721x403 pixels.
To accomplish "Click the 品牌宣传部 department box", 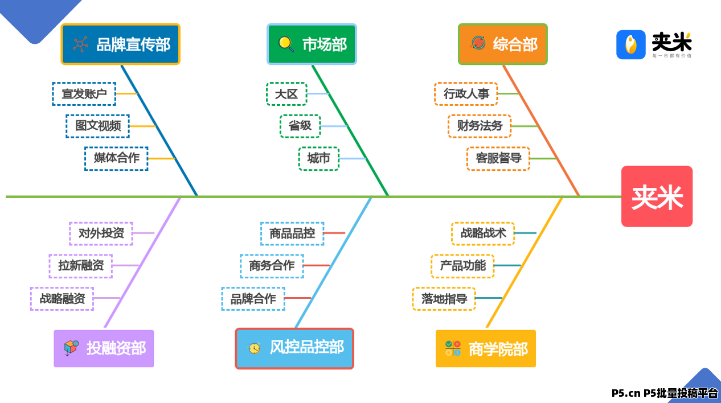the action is point(120,44).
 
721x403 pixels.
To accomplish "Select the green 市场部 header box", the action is point(312,44).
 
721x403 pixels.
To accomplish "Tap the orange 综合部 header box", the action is point(503,44).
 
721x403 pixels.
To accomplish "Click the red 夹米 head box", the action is point(657,196).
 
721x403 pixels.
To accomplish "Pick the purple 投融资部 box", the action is point(104,348).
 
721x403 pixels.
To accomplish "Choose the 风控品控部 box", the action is point(294,348).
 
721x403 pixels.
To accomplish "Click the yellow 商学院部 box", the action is point(486,348).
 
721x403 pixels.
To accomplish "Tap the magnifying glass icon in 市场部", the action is point(286,44).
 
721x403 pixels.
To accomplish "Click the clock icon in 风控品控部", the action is point(254,348).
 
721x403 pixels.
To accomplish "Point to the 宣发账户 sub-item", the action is point(84,94).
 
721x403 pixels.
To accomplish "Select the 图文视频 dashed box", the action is point(98,126).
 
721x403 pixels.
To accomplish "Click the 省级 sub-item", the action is point(300,126).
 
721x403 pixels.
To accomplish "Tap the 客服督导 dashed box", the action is point(498,159).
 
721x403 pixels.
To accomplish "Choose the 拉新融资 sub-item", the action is point(81,266).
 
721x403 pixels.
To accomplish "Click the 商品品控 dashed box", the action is point(292,233).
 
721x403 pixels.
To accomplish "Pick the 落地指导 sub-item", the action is point(444,299).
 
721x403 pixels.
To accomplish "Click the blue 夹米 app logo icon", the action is point(631,45).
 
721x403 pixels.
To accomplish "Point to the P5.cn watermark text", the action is point(665,393).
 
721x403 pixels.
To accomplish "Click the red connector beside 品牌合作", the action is point(298,298).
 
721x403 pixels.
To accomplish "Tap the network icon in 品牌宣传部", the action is point(80,44).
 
